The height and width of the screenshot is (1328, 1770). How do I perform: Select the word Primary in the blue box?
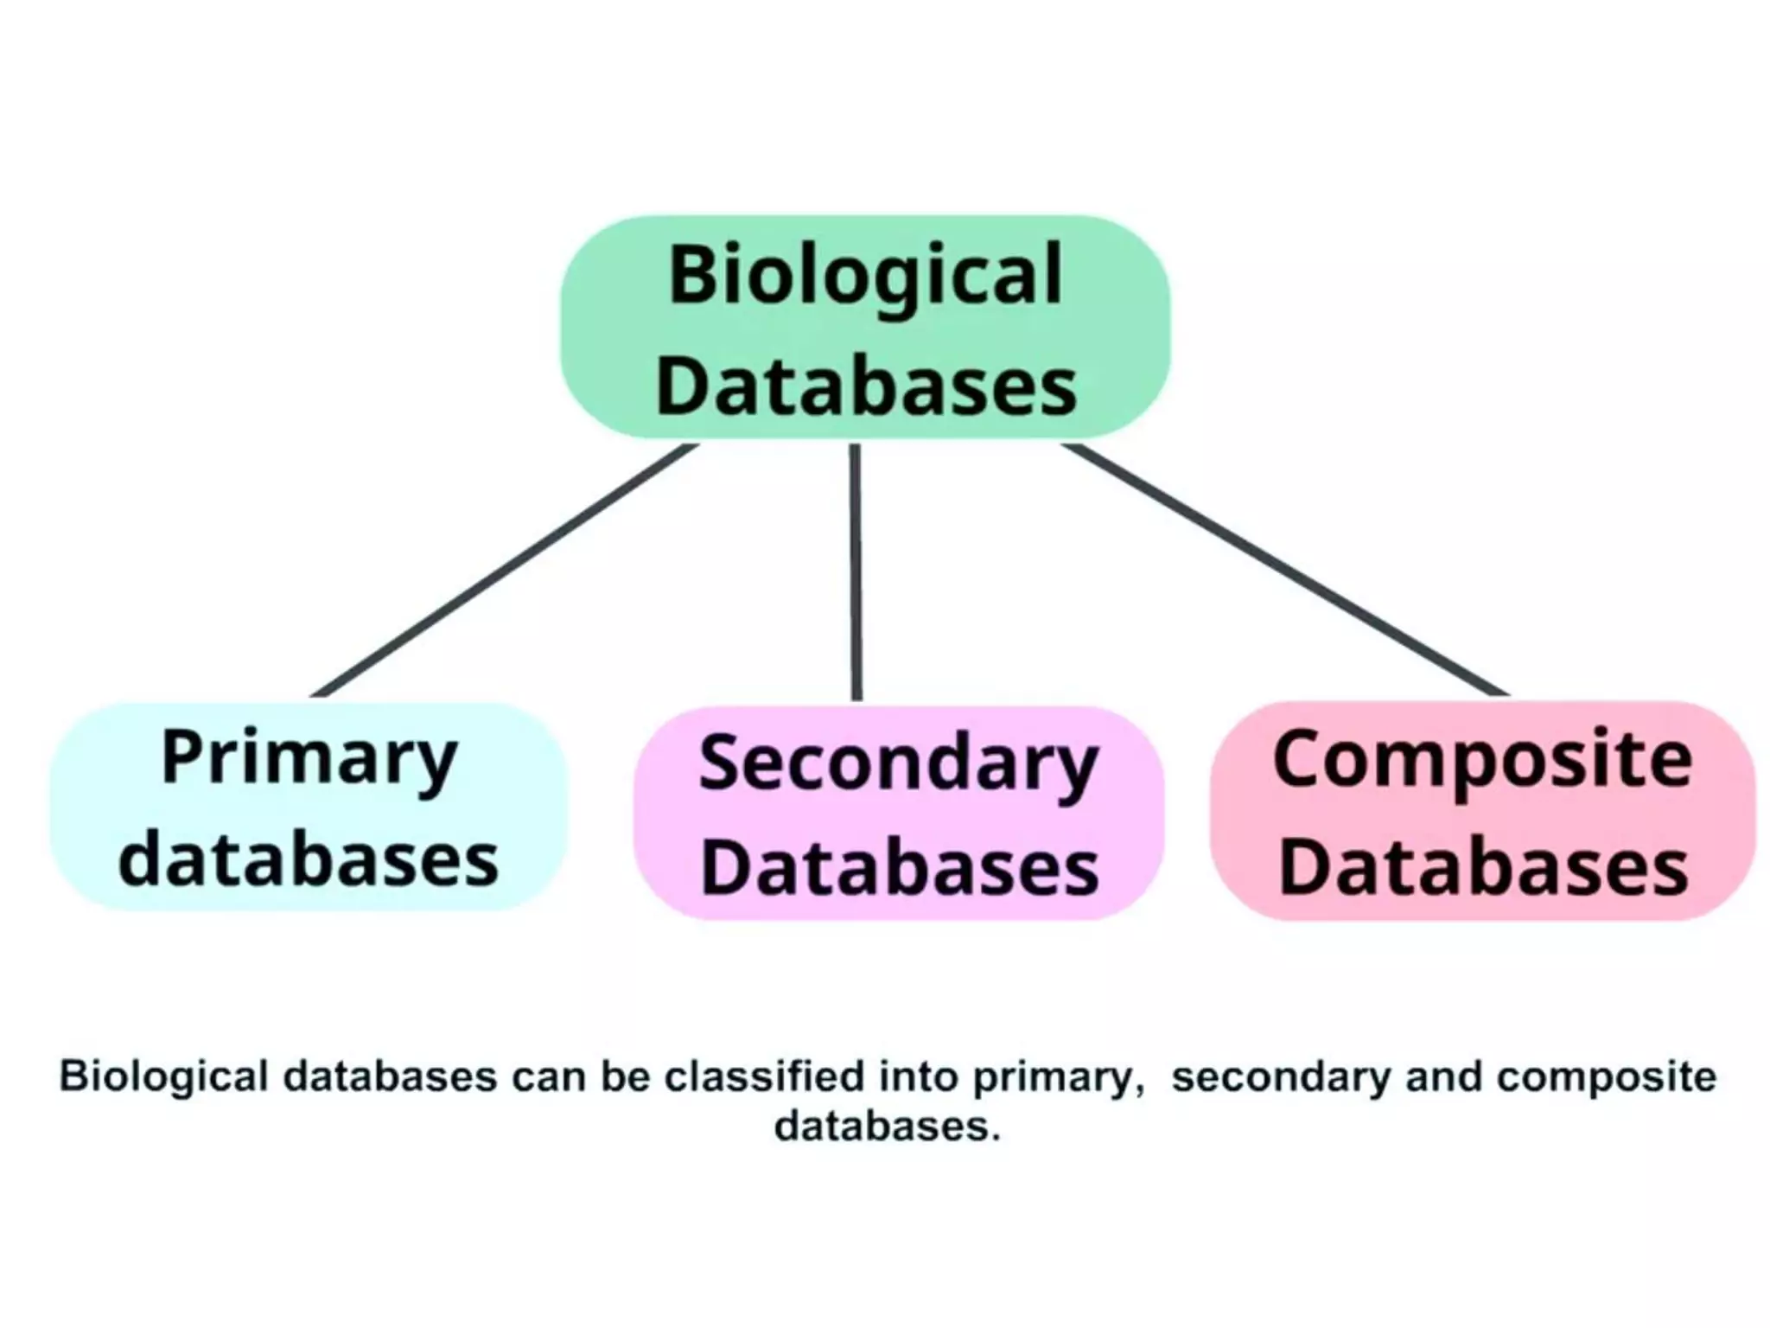(x=309, y=759)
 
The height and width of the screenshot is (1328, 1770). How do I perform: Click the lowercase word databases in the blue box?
(x=309, y=860)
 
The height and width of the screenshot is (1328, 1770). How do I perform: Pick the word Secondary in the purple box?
(x=898, y=765)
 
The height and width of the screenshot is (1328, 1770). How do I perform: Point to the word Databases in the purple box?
(x=899, y=868)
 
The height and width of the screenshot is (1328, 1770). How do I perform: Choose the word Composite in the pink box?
(x=1482, y=760)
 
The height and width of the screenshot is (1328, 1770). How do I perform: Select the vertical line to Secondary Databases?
(x=856, y=571)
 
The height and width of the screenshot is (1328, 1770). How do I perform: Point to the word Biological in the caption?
(x=163, y=1077)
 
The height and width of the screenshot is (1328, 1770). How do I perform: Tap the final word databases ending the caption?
(x=885, y=1127)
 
